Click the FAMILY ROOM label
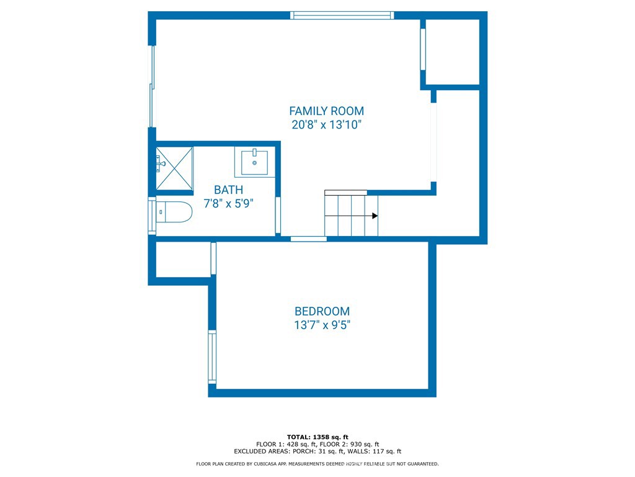pyautogui.click(x=326, y=111)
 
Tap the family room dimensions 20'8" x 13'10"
pyautogui.click(x=326, y=124)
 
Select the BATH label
pyautogui.click(x=228, y=190)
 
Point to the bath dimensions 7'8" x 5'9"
pyautogui.click(x=228, y=203)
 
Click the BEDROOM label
pyautogui.click(x=322, y=311)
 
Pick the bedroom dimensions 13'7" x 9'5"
pyautogui.click(x=322, y=325)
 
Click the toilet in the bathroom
pyautogui.click(x=174, y=212)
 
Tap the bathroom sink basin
pyautogui.click(x=254, y=162)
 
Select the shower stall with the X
pyautogui.click(x=174, y=168)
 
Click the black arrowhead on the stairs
pyautogui.click(x=375, y=216)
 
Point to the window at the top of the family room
pyautogui.click(x=342, y=16)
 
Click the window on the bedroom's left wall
pyautogui.click(x=212, y=357)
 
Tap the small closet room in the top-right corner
pyautogui.click(x=452, y=52)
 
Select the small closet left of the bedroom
pyautogui.click(x=183, y=260)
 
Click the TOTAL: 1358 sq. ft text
pyautogui.click(x=317, y=437)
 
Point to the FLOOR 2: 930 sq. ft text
pyautogui.click(x=350, y=444)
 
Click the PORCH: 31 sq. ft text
pyautogui.click(x=317, y=451)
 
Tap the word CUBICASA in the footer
pyautogui.click(x=265, y=463)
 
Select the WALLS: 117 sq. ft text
pyautogui.click(x=374, y=451)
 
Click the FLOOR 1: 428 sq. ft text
pyautogui.click(x=286, y=444)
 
